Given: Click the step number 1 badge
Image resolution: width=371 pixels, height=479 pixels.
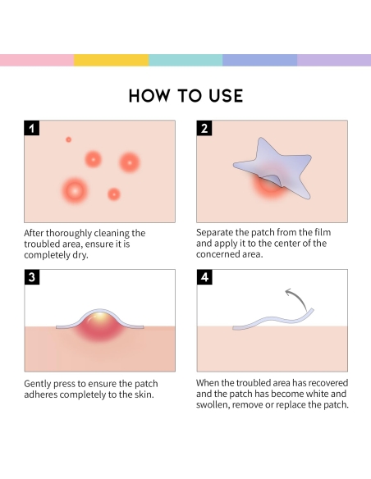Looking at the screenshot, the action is (x=32, y=128).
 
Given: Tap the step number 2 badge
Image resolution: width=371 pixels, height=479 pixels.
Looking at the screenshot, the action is (x=204, y=128).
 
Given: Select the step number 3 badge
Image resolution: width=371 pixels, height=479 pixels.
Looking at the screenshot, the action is (x=32, y=276).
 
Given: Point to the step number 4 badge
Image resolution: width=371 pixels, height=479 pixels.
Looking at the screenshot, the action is (x=204, y=276).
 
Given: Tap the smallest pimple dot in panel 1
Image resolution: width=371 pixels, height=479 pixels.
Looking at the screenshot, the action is (x=68, y=139).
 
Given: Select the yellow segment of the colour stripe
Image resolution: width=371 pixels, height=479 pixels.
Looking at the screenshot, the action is (x=112, y=60).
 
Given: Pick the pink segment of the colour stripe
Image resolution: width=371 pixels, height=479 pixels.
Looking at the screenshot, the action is (x=37, y=60).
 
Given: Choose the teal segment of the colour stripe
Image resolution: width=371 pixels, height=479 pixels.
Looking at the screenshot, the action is (x=185, y=60).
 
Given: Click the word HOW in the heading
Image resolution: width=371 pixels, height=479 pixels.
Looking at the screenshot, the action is (x=149, y=96).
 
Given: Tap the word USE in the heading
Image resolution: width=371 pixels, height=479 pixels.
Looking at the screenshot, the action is (x=226, y=96).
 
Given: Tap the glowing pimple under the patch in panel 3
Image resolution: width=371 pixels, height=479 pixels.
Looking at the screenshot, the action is (x=99, y=326).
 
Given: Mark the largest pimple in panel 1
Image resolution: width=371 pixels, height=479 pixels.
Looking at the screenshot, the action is (x=75, y=191).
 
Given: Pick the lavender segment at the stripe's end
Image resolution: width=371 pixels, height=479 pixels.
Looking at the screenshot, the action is (x=334, y=60).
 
